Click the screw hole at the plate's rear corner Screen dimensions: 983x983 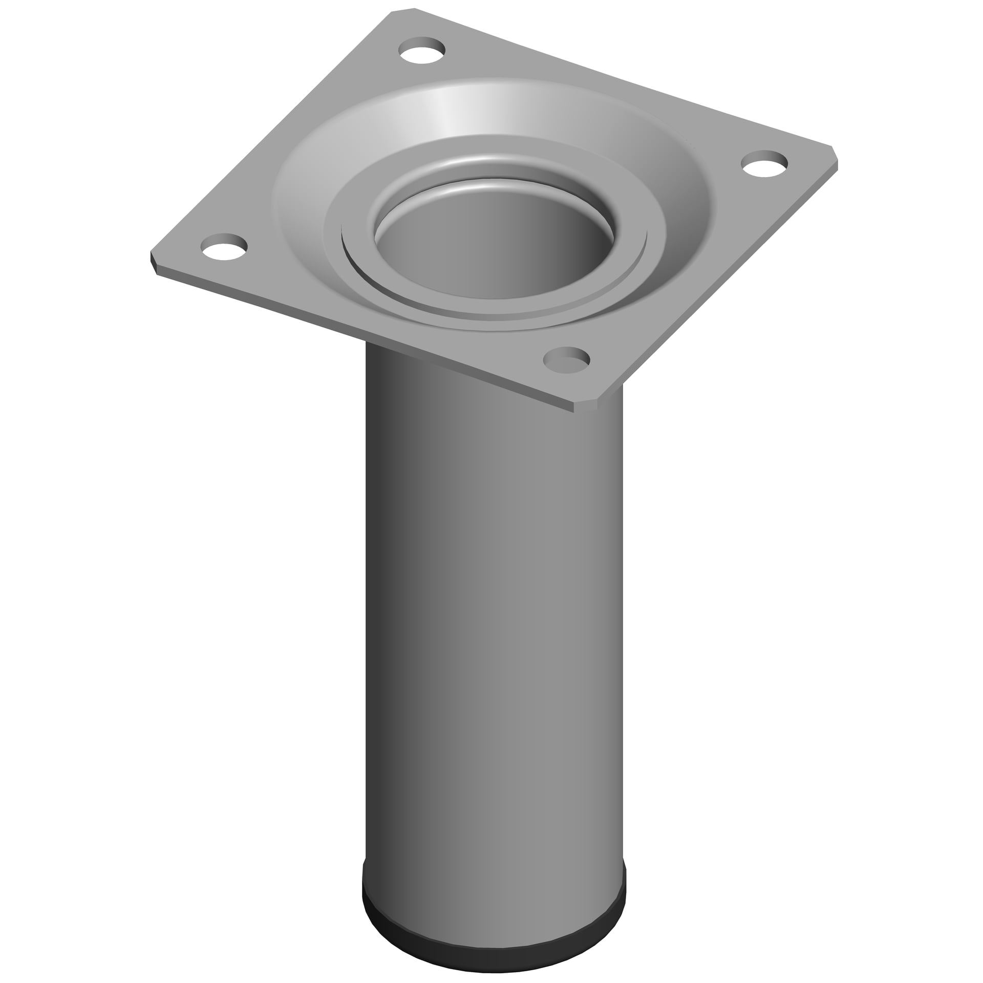click(x=422, y=50)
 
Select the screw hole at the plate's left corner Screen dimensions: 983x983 click(x=223, y=246)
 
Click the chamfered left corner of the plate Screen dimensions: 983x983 click(x=154, y=260)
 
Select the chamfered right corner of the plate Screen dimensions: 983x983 click(x=836, y=158)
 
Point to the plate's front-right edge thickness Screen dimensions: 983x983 click(x=717, y=287)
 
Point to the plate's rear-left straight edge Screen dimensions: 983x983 click(x=271, y=133)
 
